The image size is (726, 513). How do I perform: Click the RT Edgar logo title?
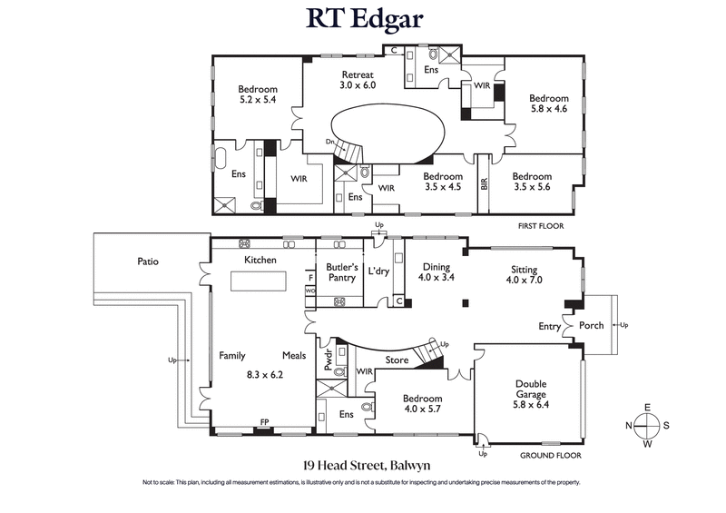tap(363, 20)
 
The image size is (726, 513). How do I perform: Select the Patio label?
tap(148, 261)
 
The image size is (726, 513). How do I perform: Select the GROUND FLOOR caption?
tap(550, 455)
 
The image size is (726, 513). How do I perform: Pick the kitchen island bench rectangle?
tap(260, 283)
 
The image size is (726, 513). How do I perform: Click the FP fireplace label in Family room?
tap(264, 422)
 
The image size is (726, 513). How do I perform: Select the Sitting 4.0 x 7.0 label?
tap(524, 275)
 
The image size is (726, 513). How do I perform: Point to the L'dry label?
tap(378, 271)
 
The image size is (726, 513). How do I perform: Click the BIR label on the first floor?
tap(484, 183)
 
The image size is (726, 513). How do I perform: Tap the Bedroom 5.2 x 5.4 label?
tap(258, 94)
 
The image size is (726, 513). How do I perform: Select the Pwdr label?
tap(329, 358)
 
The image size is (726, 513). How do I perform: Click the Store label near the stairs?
tap(397, 360)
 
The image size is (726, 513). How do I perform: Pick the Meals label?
tap(294, 356)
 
